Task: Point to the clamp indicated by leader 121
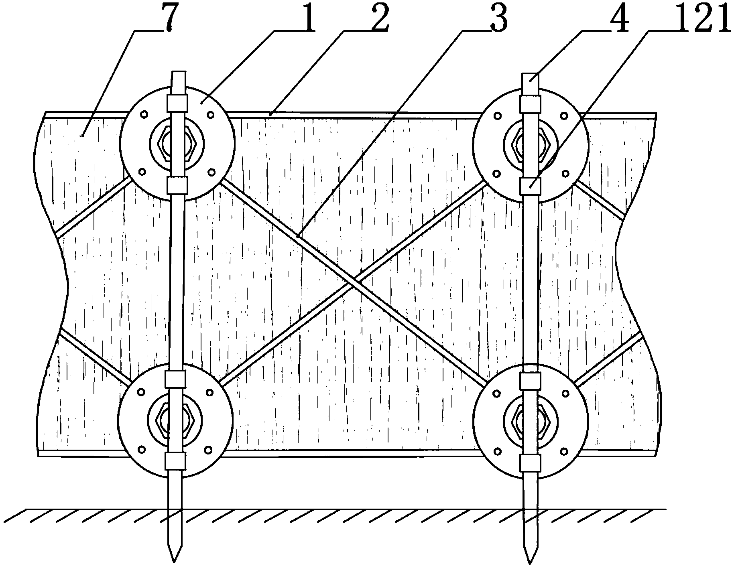click(530, 185)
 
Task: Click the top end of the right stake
click(530, 76)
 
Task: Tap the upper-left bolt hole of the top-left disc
click(143, 115)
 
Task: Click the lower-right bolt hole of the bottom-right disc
click(565, 451)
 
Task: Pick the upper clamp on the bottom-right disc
click(530, 380)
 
